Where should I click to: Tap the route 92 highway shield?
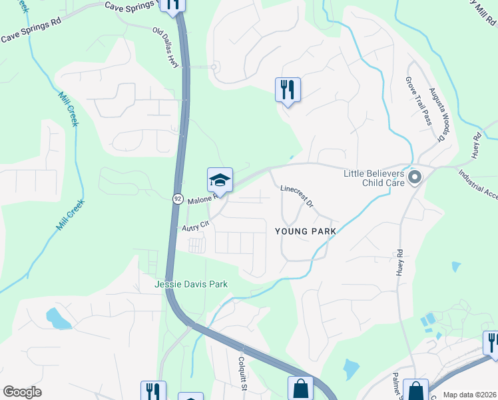tap(178, 199)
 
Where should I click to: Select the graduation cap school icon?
tap(220, 180)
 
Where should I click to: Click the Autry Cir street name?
tap(195, 226)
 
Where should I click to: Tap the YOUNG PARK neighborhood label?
tap(304, 231)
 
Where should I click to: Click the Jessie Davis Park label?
tap(191, 284)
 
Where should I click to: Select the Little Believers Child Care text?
tap(373, 178)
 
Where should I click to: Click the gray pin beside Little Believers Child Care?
tap(415, 177)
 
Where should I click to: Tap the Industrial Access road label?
tap(479, 184)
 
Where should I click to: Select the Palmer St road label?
tap(396, 387)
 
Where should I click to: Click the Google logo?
tap(21, 392)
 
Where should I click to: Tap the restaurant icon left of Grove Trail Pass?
tap(288, 90)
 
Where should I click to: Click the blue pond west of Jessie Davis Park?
tap(58, 319)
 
